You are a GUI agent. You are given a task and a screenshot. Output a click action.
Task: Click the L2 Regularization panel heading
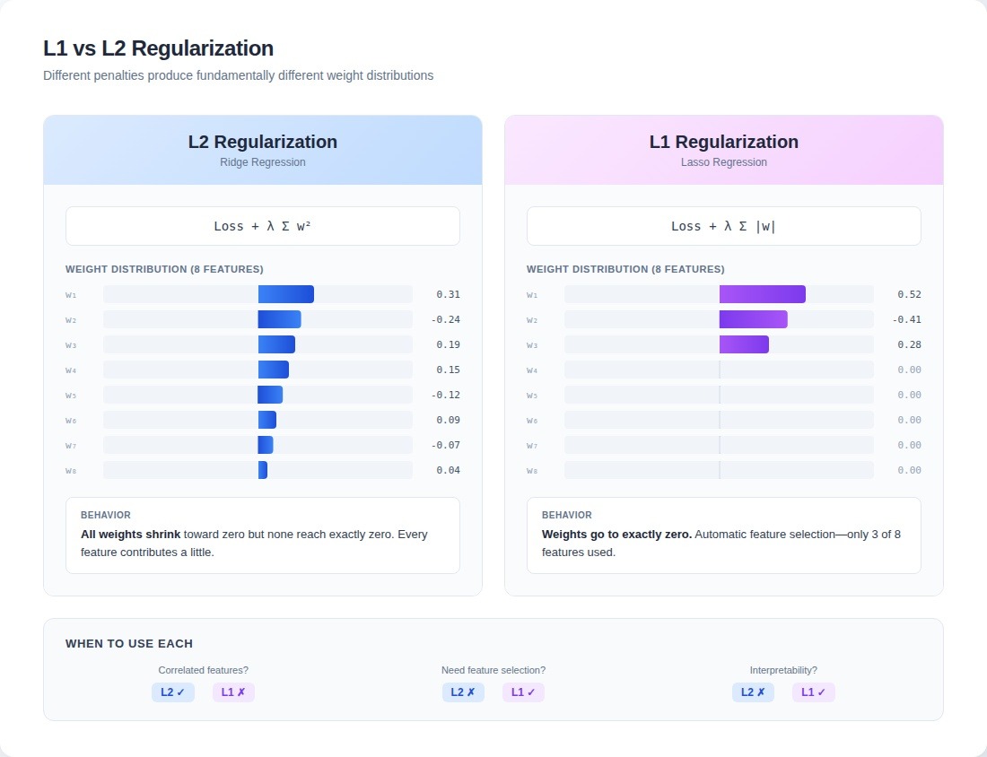(263, 142)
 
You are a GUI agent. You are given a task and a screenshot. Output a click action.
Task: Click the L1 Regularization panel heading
(723, 142)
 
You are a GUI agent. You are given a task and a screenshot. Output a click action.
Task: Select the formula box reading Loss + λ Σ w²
(263, 226)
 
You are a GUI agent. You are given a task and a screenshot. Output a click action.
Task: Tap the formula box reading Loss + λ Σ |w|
(723, 226)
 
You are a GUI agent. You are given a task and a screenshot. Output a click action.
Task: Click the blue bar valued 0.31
(286, 294)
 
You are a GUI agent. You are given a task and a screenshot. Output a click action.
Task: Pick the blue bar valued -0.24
(279, 319)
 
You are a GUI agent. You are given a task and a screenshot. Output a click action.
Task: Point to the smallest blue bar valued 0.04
(263, 470)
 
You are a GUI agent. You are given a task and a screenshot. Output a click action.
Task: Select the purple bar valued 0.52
(762, 294)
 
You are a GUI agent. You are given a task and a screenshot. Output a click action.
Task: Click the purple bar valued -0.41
(753, 319)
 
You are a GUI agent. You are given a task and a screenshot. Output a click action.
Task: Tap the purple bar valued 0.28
(744, 344)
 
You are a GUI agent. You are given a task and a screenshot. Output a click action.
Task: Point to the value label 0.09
(448, 420)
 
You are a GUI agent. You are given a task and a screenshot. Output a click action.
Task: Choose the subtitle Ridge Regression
(263, 162)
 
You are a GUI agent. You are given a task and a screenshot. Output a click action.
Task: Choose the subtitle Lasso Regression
(723, 162)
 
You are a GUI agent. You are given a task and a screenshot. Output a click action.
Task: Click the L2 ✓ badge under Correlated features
(173, 692)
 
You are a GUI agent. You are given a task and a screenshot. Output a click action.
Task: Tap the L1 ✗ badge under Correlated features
(233, 692)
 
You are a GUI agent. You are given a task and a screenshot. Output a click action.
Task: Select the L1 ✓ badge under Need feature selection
(523, 692)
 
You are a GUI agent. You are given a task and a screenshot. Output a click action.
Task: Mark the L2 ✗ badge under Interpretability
(753, 692)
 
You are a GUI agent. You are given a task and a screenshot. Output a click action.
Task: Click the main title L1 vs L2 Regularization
(158, 48)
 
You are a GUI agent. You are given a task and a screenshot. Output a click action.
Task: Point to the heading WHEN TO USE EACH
(129, 644)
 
